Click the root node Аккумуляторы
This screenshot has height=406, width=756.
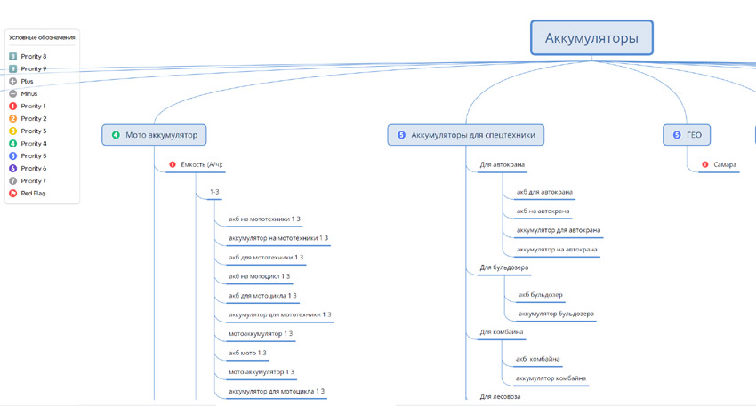pyautogui.click(x=592, y=39)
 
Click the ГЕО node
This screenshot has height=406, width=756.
pyautogui.click(x=694, y=135)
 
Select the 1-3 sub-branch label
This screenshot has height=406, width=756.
pyautogui.click(x=214, y=192)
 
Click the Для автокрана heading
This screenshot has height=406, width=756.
pyautogui.click(x=502, y=164)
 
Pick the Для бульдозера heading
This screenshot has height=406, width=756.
pyautogui.click(x=504, y=267)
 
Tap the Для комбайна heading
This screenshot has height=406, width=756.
pyautogui.click(x=502, y=331)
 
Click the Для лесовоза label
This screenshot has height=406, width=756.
pyautogui.click(x=500, y=396)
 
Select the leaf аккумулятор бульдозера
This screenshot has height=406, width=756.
pyautogui.click(x=556, y=314)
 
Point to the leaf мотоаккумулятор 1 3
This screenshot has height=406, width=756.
pyautogui.click(x=261, y=333)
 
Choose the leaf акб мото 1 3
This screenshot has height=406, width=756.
pyautogui.click(x=247, y=353)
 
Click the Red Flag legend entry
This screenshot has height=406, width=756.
pyautogui.click(x=33, y=193)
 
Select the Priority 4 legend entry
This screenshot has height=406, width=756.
pyautogui.click(x=34, y=143)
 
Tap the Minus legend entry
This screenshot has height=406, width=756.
pyautogui.click(x=29, y=93)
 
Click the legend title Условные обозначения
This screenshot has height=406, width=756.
pyautogui.click(x=43, y=37)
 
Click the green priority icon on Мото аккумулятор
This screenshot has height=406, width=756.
pyautogui.click(x=116, y=135)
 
